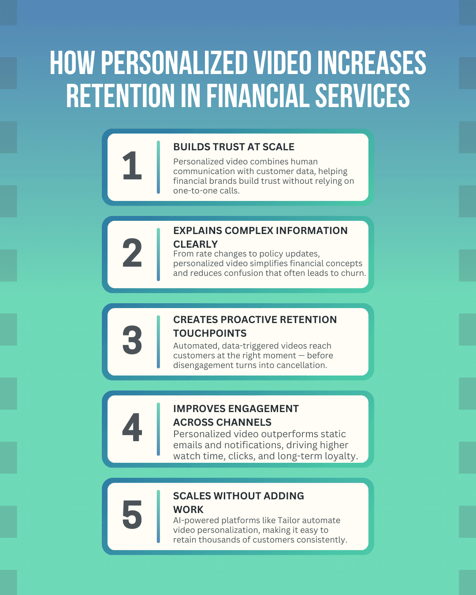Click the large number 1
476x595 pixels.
[x=132, y=166]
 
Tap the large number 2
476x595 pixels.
[x=132, y=253]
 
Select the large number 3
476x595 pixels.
[x=132, y=340]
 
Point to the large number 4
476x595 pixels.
[x=132, y=428]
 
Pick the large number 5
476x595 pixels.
[x=132, y=515]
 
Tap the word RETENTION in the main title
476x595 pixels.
[x=120, y=96]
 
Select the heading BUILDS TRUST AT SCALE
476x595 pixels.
[x=234, y=147]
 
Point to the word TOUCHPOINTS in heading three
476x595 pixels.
[x=210, y=333]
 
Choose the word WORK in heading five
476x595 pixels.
[x=188, y=509]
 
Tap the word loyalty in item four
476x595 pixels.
[x=341, y=456]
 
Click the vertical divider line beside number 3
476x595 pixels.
[x=158, y=342]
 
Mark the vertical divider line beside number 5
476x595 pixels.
[x=158, y=517]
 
